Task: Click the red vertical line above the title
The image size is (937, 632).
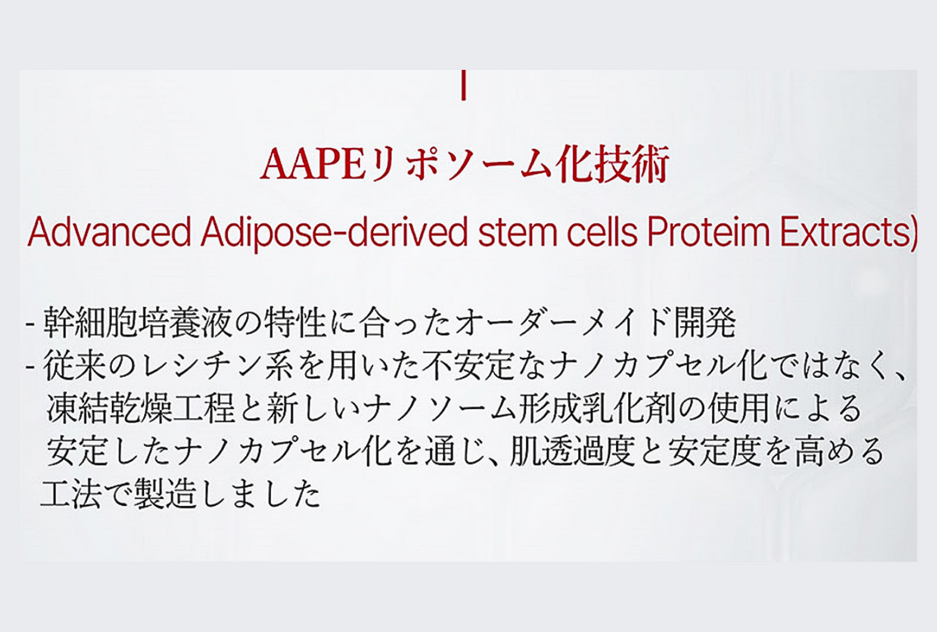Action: click(465, 86)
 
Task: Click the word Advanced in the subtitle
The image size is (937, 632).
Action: click(108, 233)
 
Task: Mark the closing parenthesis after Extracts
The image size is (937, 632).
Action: click(910, 235)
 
